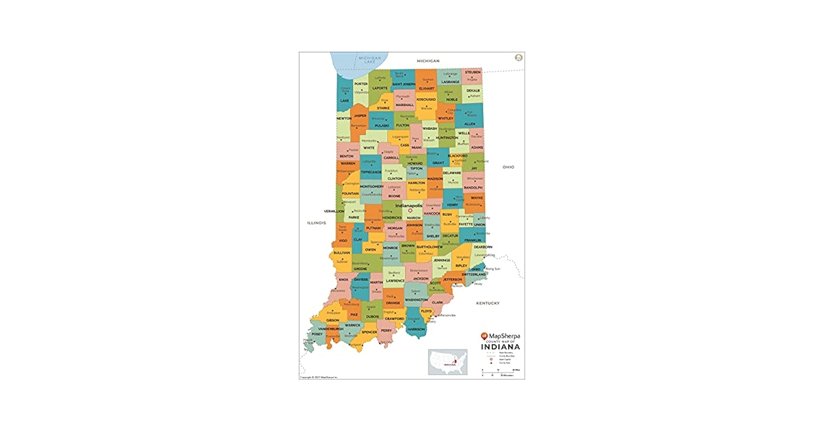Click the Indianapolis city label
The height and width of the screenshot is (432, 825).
click(x=409, y=206)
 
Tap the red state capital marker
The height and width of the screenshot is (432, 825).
click(x=410, y=211)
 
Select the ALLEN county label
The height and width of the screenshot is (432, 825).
click(x=470, y=124)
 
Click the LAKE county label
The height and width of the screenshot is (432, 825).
click(x=344, y=101)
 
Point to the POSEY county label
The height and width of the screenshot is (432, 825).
click(x=317, y=334)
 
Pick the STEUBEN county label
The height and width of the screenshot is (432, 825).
click(x=473, y=72)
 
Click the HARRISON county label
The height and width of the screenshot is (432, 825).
click(x=416, y=329)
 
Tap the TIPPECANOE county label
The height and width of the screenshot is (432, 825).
click(x=371, y=172)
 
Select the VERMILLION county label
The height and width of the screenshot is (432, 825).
click(x=334, y=211)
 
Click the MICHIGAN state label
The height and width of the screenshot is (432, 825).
click(x=428, y=61)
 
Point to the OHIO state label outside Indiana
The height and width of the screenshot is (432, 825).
click(x=508, y=167)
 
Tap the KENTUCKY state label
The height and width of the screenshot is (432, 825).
click(x=488, y=303)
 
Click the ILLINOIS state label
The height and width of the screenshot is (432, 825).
click(x=317, y=223)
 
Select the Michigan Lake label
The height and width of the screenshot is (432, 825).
click(x=370, y=60)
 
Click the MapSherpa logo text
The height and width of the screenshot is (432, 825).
click(x=504, y=336)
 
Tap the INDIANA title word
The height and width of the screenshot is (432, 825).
click(x=500, y=347)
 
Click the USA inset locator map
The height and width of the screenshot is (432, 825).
click(x=447, y=362)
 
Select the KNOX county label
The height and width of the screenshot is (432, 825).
click(x=343, y=280)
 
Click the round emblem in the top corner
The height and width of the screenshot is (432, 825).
click(x=519, y=57)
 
